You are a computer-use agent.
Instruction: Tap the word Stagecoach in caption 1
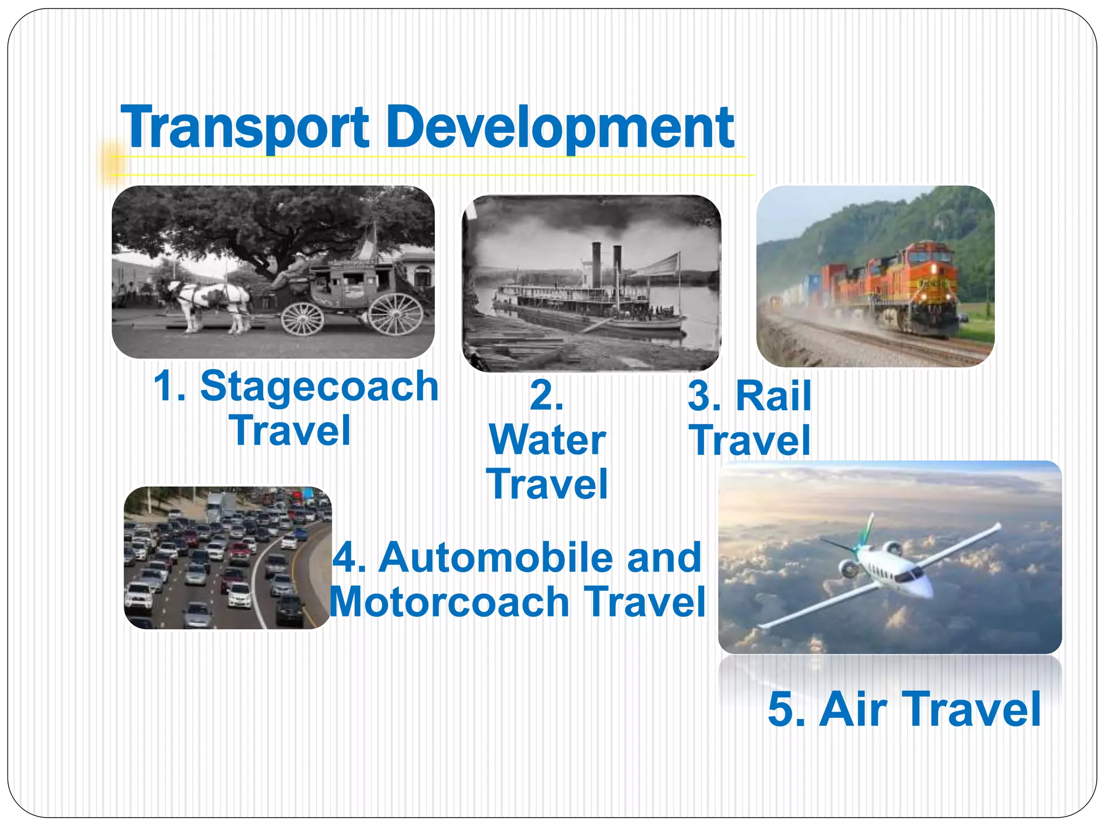coord(319,386)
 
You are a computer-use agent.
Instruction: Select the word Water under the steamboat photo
coord(547,440)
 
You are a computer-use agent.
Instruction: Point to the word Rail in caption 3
coord(773,396)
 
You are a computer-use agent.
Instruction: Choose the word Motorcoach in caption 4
coord(449,602)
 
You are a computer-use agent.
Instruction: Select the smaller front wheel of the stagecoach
coord(302,318)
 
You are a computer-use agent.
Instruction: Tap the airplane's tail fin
coord(867,529)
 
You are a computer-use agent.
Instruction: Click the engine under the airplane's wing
coord(849,568)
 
